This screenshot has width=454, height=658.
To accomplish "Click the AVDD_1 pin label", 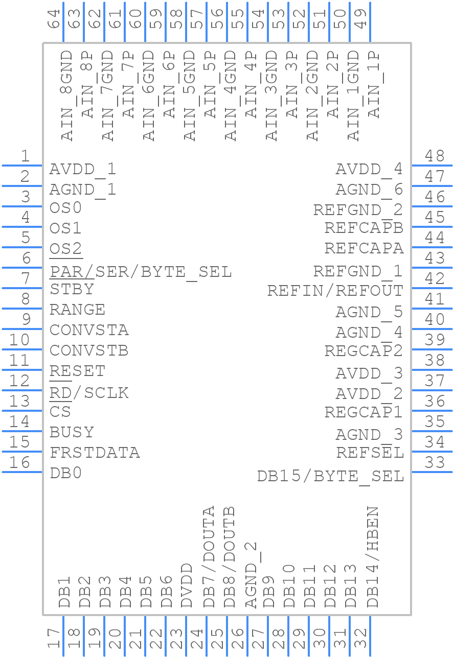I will point(83,169).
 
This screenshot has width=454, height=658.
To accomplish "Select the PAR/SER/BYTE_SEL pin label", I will point(141,272).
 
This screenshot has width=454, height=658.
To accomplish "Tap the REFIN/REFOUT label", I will point(335,291).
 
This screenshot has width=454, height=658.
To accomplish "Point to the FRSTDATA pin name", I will point(95,453).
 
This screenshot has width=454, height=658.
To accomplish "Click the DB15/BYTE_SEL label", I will point(330,476).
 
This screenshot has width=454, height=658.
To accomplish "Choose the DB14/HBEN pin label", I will point(373,557).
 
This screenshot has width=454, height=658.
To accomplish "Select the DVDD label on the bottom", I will point(187,586).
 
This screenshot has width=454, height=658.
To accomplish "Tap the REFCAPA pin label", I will point(364,248).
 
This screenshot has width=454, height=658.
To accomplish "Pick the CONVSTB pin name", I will point(89,351).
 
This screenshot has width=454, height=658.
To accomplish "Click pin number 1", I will point(25,156).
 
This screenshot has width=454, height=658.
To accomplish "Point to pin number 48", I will point(435,156).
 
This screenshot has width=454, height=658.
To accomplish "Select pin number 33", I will point(435,463).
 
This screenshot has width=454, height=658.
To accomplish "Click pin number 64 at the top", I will point(54,19).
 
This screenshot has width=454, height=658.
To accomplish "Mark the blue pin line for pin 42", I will point(432,288).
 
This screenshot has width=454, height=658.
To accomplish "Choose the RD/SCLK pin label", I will point(89,393).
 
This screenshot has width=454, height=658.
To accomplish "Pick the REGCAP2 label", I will point(364,351).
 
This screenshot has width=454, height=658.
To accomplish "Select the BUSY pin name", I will point(72,432).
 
